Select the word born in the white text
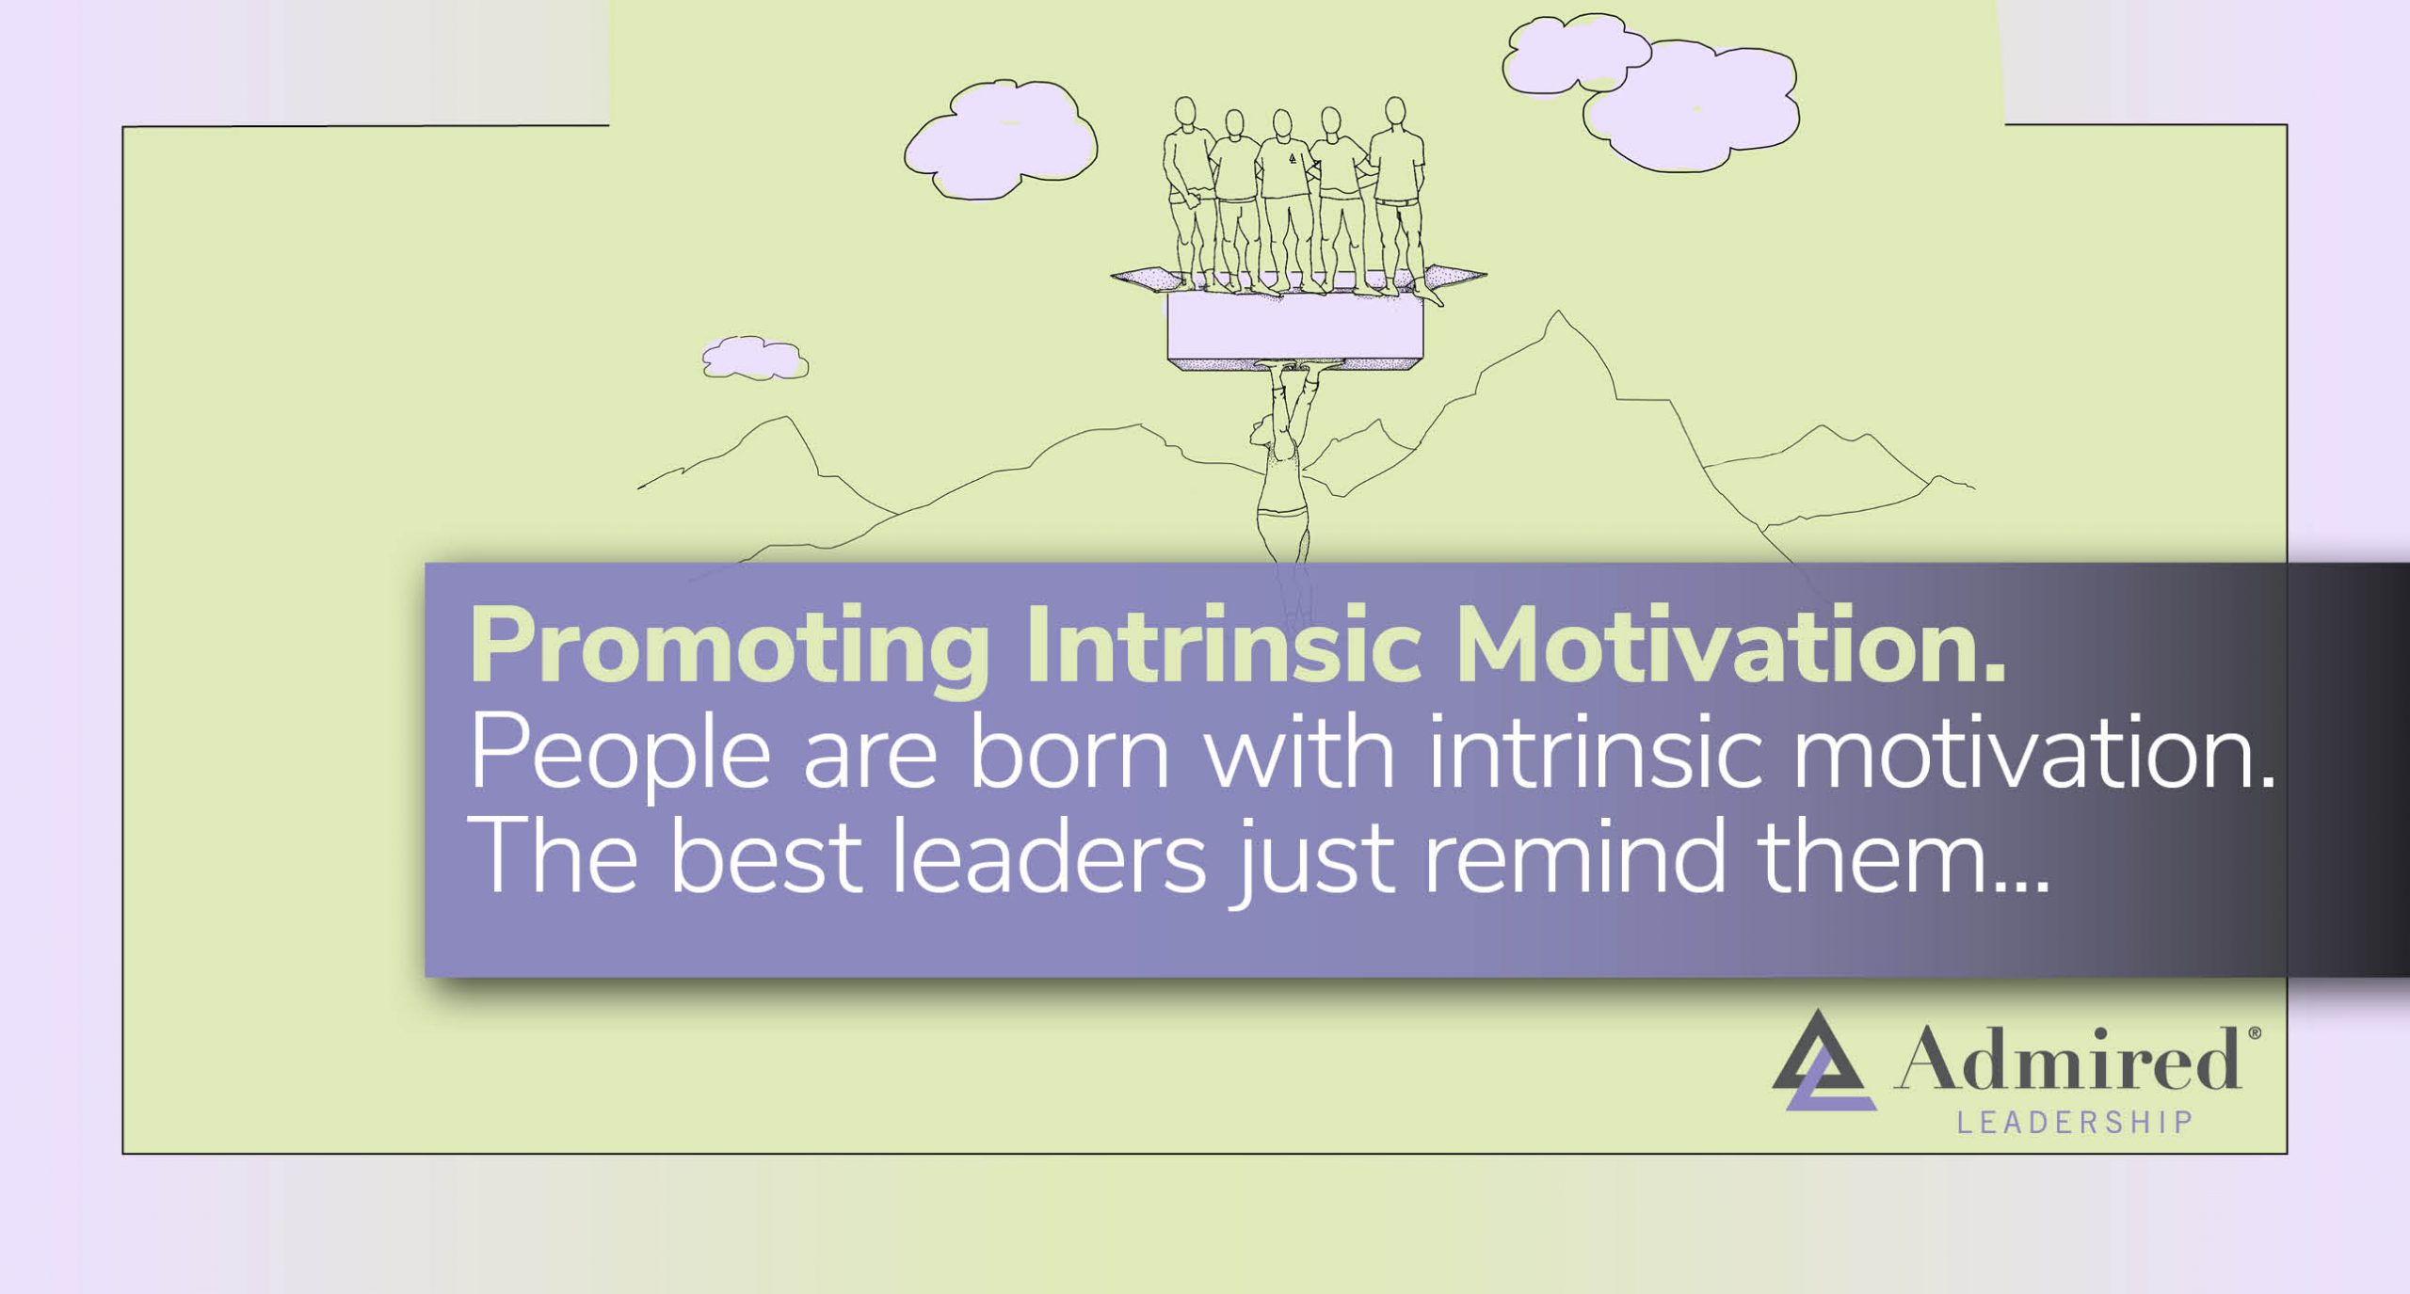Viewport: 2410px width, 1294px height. tap(1069, 753)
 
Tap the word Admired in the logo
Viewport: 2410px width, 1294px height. tap(2067, 1060)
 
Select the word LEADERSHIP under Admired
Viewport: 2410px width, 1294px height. tap(2075, 1123)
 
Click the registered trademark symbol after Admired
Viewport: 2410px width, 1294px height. tap(2254, 1033)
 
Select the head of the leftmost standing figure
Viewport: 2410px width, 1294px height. tap(1186, 112)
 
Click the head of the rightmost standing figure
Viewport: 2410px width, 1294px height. tap(1395, 110)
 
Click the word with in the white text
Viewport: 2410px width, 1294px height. tap(1300, 753)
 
